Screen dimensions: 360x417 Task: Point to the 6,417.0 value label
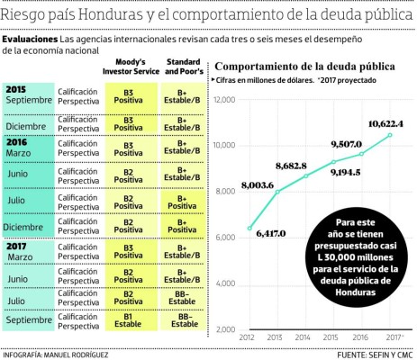(270, 233)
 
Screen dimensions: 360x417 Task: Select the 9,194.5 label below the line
(347, 172)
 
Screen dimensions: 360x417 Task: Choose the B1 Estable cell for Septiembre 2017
(129, 321)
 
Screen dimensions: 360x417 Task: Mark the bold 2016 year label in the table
(15, 142)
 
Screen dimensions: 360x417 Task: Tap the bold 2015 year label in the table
(15, 89)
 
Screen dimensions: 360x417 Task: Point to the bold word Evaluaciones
(29, 40)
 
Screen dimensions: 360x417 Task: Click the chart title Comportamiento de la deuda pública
(305, 67)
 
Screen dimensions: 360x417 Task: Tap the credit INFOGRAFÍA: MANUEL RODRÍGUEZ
(55, 354)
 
